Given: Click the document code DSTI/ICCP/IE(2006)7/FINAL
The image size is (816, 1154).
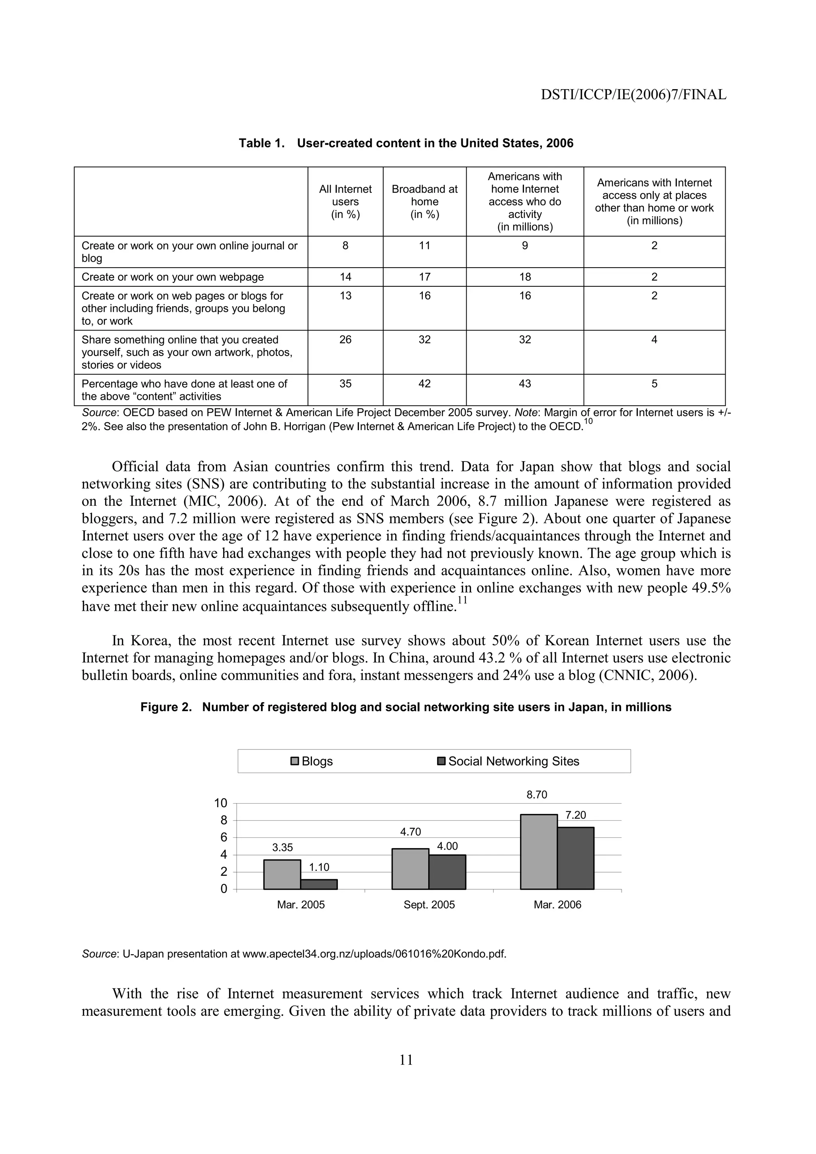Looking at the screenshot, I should click(633, 94).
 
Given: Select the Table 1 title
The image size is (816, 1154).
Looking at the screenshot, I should click(406, 143).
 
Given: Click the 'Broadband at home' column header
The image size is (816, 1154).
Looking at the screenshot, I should click(424, 201).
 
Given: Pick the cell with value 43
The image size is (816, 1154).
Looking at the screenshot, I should click(524, 384).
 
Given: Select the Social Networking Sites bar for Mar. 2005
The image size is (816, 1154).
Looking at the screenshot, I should click(319, 884).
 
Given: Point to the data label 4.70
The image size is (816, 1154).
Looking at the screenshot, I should click(410, 832).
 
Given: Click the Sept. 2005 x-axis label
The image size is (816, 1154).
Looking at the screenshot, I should click(429, 905).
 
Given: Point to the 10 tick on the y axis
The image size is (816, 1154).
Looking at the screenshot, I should click(221, 803).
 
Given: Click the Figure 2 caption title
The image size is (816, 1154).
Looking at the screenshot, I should click(406, 707).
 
